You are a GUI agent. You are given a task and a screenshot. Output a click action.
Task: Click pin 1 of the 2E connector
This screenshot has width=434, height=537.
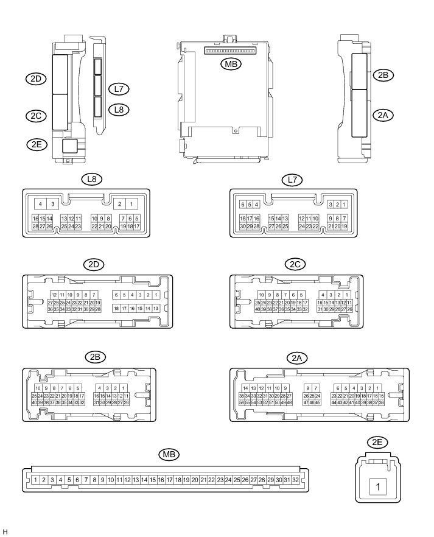(379, 487)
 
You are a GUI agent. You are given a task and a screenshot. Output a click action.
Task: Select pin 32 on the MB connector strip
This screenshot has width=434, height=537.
(295, 480)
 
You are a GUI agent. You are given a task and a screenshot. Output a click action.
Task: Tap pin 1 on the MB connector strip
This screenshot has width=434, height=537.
(36, 480)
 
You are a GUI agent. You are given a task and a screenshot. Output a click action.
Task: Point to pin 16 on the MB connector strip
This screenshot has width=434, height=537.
(161, 480)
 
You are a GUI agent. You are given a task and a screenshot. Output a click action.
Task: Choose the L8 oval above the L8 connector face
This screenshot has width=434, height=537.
(93, 180)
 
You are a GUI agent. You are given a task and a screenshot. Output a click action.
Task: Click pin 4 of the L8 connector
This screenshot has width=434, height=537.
(40, 204)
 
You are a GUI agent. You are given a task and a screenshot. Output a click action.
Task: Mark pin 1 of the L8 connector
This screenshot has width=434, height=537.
(133, 204)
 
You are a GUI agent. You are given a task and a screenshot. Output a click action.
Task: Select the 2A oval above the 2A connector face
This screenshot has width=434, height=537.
(296, 359)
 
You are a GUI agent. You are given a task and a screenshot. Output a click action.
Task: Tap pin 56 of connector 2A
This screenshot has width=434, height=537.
(242, 402)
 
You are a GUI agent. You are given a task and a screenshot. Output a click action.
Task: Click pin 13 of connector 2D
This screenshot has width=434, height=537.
(156, 309)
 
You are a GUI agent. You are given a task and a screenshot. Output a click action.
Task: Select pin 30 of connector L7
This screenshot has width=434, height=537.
(242, 226)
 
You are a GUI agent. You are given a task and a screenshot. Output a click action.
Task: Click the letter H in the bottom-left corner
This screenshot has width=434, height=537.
(5, 532)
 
